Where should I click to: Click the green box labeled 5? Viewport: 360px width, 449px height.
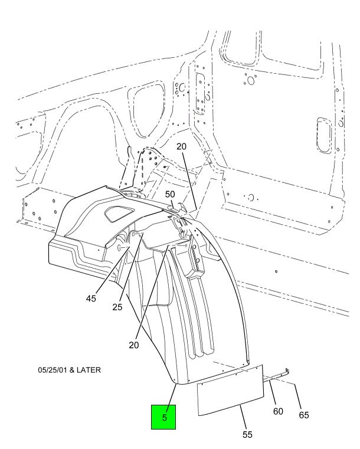click(164, 417)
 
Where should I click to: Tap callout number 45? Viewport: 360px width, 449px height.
click(91, 299)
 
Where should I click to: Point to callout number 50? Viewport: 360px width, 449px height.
click(170, 194)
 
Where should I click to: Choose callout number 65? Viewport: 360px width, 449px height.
click(304, 415)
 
